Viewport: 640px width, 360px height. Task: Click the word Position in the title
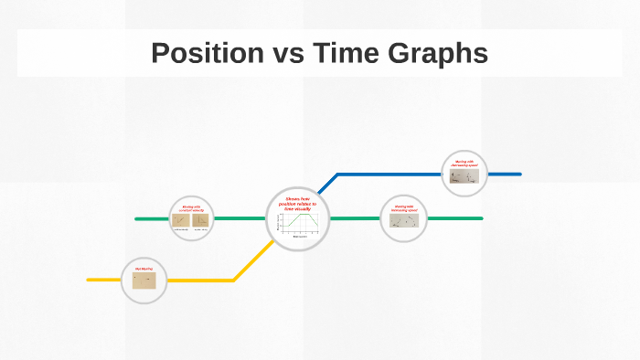point(207,53)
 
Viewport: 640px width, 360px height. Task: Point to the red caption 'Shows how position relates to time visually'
point(297,204)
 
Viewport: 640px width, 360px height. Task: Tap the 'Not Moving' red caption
point(144,269)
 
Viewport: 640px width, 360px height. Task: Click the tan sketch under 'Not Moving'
point(144,281)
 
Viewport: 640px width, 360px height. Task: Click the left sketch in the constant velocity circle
point(181,220)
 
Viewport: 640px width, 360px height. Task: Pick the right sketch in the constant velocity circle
point(200,220)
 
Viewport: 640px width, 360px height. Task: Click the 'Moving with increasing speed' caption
point(403,207)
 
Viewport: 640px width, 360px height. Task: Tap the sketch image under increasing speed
point(403,220)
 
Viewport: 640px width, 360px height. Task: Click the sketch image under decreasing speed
point(464,175)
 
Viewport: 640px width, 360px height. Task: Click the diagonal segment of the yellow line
point(251,261)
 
